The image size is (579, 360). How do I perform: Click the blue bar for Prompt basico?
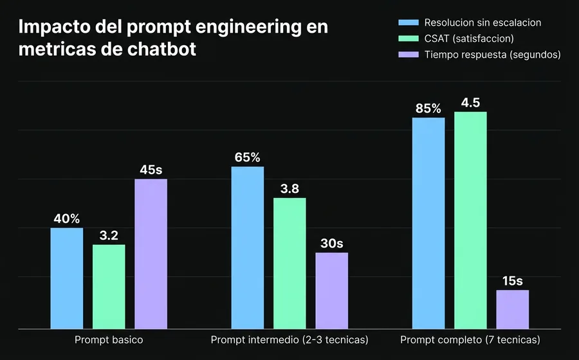(x=67, y=278)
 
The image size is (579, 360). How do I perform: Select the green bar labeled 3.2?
(x=109, y=286)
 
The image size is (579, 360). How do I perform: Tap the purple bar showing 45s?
(x=151, y=253)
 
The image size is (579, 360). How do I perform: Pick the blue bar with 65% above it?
(x=248, y=248)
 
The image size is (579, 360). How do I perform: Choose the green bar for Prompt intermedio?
(x=289, y=263)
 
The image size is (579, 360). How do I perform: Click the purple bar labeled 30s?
(x=331, y=290)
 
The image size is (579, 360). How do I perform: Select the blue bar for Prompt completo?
(x=428, y=223)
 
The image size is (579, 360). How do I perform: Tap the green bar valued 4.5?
(x=470, y=220)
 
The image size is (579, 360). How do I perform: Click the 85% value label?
(x=428, y=108)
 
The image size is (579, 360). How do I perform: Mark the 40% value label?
(x=67, y=219)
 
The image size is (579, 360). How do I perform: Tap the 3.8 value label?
(x=289, y=189)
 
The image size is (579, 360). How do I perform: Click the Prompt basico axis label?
(x=109, y=339)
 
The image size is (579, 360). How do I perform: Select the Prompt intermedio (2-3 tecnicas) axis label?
(x=289, y=339)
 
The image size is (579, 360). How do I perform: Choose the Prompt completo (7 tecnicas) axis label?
(x=470, y=339)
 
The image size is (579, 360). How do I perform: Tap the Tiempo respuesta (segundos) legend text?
(x=493, y=55)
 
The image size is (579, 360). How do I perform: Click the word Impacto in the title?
(x=52, y=28)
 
